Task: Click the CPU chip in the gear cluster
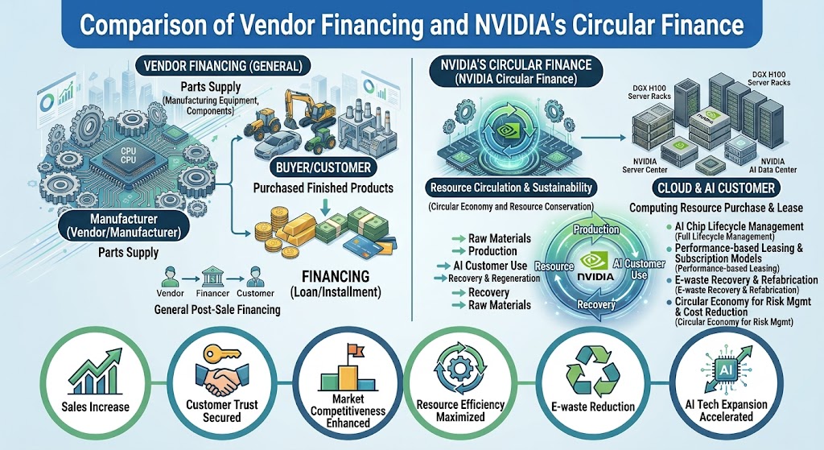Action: point(128,156)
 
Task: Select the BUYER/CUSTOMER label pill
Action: point(323,167)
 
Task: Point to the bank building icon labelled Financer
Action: point(212,275)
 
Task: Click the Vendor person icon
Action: point(169,275)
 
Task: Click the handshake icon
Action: point(220,378)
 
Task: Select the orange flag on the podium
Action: point(355,349)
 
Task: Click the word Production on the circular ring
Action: point(596,229)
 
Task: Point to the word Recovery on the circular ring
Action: point(596,304)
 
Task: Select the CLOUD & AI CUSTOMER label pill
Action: point(716,188)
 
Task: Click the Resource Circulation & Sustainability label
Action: point(511,188)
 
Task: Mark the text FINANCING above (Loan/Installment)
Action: point(336,276)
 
